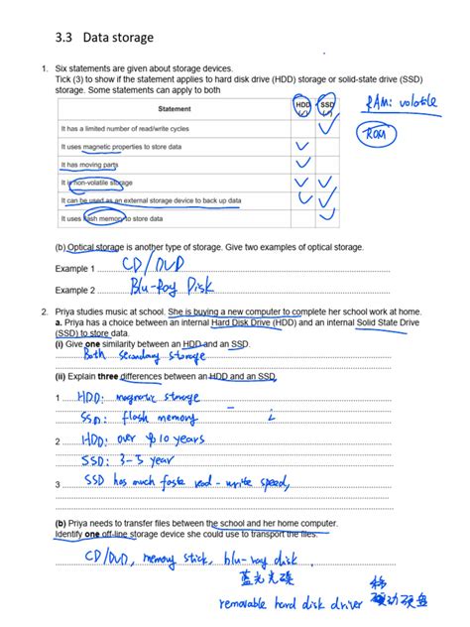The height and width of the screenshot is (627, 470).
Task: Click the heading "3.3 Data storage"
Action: click(95, 38)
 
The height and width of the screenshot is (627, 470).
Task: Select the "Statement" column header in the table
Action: click(175, 108)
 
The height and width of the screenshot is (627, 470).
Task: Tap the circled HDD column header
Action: click(302, 105)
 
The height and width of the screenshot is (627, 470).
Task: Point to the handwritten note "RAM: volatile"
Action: click(399, 102)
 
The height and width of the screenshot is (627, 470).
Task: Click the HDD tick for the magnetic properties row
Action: click(302, 147)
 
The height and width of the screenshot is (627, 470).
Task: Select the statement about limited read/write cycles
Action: click(126, 129)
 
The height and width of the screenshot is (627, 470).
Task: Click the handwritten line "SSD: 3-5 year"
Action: click(136, 461)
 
